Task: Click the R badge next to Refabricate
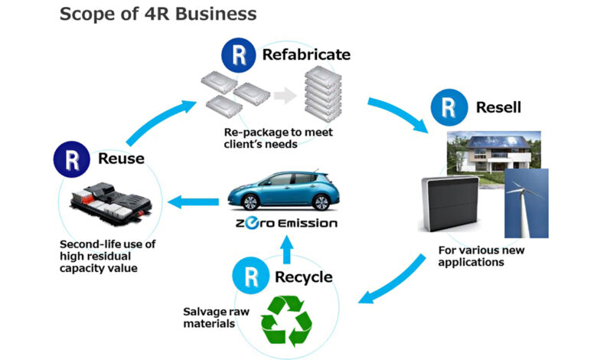pyautogui.click(x=239, y=55)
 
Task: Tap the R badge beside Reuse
pyautogui.click(x=72, y=159)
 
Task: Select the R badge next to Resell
pyautogui.click(x=449, y=107)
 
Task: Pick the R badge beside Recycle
pyautogui.click(x=250, y=276)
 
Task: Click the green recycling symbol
pyautogui.click(x=286, y=321)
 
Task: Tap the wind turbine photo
pyautogui.click(x=527, y=204)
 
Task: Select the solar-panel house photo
pyautogui.click(x=494, y=152)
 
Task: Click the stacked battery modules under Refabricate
pyautogui.click(x=323, y=93)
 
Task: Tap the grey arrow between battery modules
pyautogui.click(x=285, y=95)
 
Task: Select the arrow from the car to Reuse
pyautogui.click(x=194, y=202)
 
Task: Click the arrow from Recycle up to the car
pyautogui.click(x=288, y=250)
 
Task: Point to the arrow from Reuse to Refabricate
pyautogui.click(x=158, y=120)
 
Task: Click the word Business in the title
pyautogui.click(x=216, y=14)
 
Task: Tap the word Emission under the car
pyautogui.click(x=308, y=223)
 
